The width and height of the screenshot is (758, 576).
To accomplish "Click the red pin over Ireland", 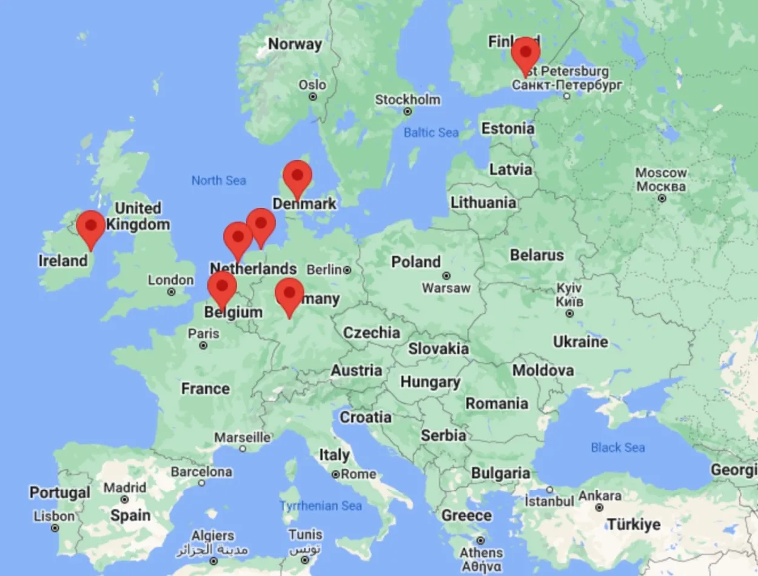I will point(91,226).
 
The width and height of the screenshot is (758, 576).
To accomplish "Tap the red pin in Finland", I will point(525,52).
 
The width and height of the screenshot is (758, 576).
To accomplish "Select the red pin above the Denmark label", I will point(297,176).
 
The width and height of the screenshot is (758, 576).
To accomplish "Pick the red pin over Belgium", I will point(222,286).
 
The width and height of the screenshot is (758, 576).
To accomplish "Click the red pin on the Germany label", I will point(289,293).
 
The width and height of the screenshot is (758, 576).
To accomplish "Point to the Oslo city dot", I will point(313,96).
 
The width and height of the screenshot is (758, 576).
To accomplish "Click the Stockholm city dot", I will point(408,112).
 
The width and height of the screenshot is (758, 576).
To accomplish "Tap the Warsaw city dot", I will point(446,276).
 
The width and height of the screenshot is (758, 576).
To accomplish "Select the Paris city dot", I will point(204,346).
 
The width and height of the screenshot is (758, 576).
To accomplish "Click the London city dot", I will point(172,292).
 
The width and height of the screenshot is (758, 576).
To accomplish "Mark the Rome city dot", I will point(335,475).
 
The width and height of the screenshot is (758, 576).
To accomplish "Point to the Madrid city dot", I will point(124,500).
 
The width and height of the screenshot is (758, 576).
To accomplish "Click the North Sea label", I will point(219,180).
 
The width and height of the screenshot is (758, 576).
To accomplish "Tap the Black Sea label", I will point(618,447).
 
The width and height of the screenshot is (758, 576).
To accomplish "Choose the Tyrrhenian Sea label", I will point(321,506).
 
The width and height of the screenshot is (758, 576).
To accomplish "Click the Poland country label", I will point(416,262).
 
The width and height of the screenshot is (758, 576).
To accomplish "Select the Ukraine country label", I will point(580,342).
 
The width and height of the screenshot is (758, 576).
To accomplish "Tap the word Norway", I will point(295,44).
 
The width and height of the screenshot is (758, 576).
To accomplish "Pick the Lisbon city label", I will point(54,517).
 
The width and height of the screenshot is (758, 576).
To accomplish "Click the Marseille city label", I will point(243,437).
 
